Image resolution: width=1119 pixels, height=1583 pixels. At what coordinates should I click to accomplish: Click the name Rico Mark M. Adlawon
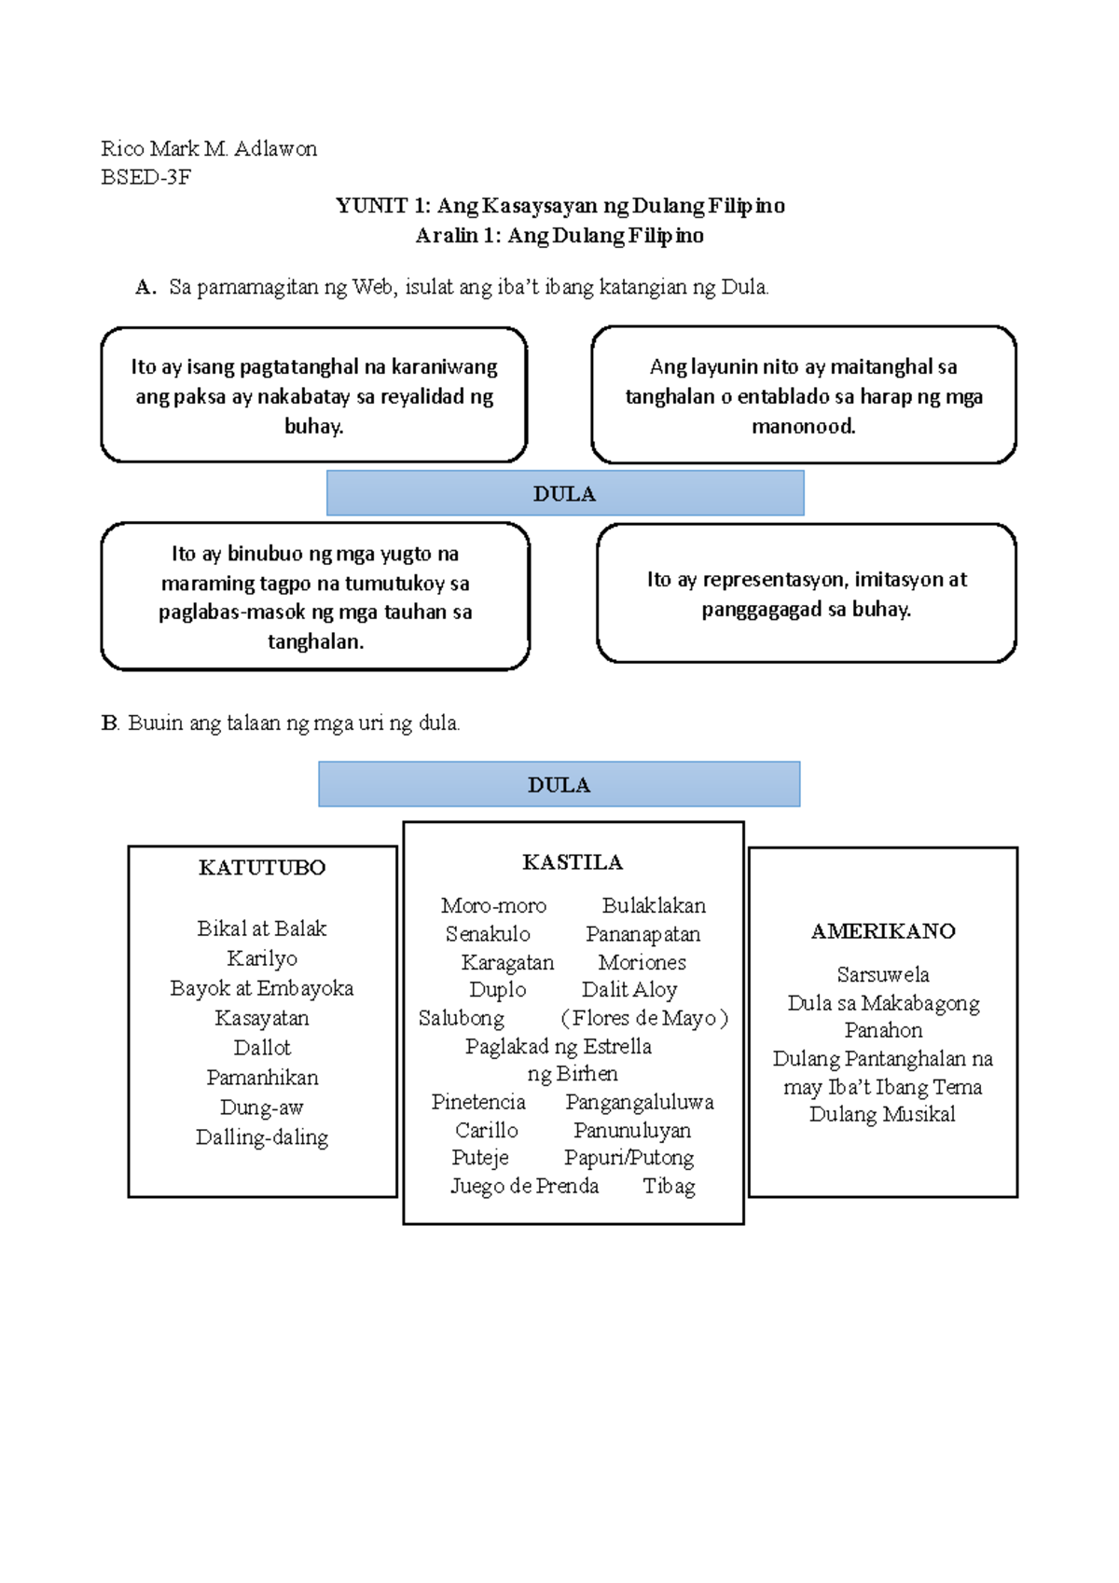tap(209, 149)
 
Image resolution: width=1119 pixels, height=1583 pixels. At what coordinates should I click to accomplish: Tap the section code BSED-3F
tap(145, 177)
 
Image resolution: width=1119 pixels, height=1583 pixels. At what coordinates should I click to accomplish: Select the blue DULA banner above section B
tap(559, 785)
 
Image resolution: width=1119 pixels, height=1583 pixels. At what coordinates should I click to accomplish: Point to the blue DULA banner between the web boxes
tap(564, 494)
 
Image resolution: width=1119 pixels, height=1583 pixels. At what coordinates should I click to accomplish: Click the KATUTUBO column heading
tap(262, 868)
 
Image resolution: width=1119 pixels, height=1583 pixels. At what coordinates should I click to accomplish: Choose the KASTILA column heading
tap(573, 862)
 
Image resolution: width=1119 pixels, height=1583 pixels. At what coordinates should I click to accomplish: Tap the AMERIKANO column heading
tap(883, 931)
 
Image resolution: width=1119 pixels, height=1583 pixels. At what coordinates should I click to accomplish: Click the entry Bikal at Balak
tap(262, 929)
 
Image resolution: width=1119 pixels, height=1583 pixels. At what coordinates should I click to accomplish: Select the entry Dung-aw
tap(262, 1108)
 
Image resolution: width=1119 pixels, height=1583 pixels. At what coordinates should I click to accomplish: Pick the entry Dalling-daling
tap(262, 1137)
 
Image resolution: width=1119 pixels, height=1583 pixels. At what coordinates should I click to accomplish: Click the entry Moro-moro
tap(493, 905)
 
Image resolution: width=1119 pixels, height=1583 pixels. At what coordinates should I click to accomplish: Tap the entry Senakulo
tap(488, 934)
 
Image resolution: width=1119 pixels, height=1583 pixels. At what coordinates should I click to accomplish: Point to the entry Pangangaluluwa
tap(640, 1102)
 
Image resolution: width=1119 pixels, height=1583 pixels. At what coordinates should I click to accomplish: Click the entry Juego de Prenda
tap(525, 1186)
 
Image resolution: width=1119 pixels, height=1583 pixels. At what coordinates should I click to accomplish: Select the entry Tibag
tap(669, 1186)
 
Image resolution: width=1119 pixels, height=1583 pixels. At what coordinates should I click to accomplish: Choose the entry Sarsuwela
tap(883, 975)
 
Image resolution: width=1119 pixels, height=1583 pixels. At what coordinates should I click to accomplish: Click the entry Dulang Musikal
tap(882, 1115)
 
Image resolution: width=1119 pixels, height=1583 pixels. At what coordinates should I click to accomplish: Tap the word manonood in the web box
tap(803, 427)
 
